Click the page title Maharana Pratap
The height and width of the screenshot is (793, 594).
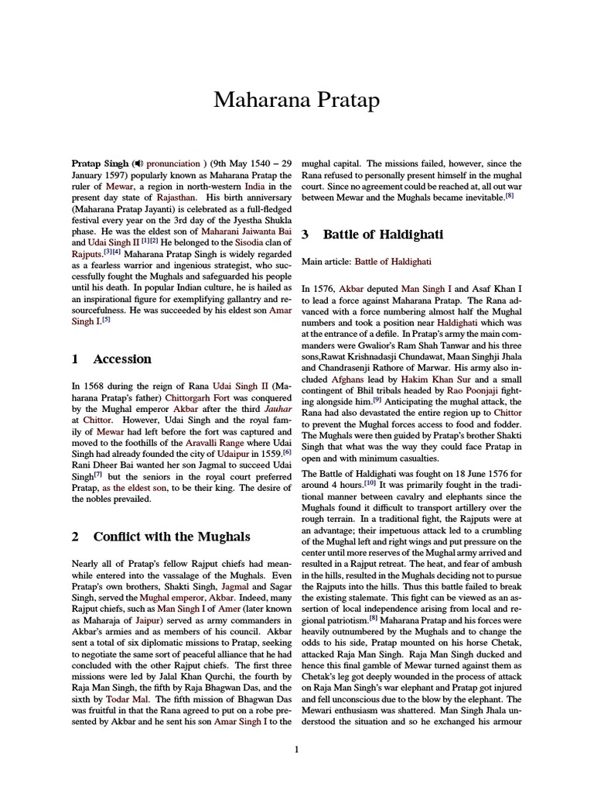point(296,100)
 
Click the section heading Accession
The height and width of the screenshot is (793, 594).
point(122,359)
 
